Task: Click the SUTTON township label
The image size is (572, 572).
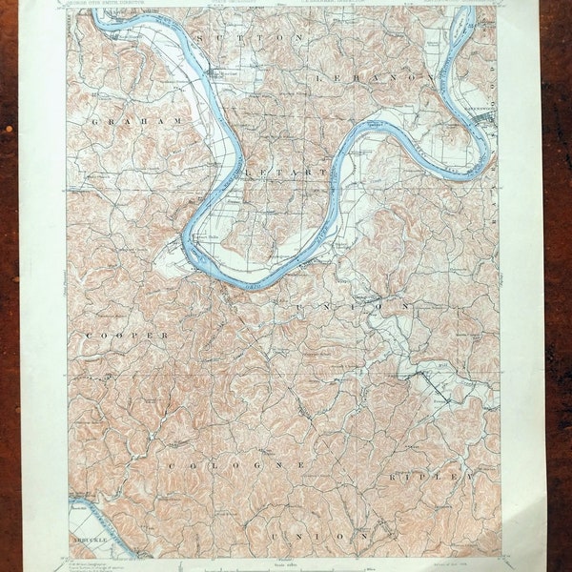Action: point(249,35)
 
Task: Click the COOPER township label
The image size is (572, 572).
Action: point(127,337)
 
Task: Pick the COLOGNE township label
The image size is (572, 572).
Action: point(236,464)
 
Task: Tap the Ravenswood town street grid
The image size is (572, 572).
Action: point(487,118)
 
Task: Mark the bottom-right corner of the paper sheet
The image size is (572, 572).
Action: point(545,570)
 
